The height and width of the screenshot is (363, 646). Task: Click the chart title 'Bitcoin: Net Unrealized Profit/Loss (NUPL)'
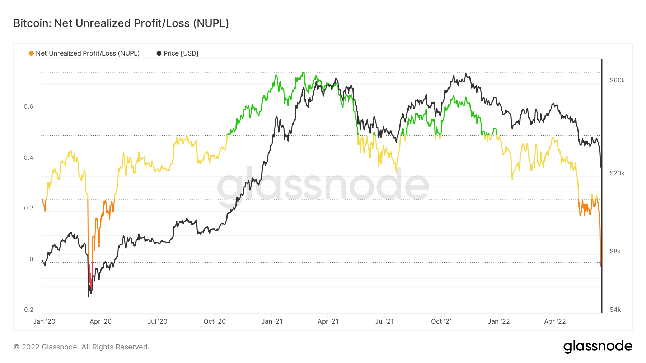(x=121, y=23)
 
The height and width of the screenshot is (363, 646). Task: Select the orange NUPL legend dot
(x=31, y=53)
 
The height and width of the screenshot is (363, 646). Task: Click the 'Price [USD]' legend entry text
(x=181, y=53)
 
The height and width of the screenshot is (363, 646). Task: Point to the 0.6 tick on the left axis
(x=28, y=106)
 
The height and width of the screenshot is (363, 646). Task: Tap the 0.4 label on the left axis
(x=28, y=158)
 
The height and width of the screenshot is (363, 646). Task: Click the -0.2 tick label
(x=27, y=310)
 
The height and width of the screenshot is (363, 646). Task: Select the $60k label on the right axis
(x=617, y=80)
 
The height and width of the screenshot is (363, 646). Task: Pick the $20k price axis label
(x=617, y=173)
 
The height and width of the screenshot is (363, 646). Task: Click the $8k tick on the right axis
(x=615, y=251)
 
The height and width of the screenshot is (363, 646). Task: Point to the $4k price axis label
(x=615, y=310)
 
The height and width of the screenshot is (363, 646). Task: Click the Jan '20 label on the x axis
(x=44, y=321)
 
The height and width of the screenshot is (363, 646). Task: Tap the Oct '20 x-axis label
(x=215, y=321)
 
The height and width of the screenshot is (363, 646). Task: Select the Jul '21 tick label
(x=384, y=321)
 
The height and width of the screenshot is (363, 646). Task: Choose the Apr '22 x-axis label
(x=555, y=321)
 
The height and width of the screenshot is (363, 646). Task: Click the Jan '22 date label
(x=498, y=321)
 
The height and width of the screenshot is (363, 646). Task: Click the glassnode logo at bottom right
(x=598, y=347)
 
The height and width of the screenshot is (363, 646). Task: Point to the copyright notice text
(x=81, y=347)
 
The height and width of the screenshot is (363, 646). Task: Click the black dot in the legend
(x=159, y=53)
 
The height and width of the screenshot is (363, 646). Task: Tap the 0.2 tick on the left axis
(x=28, y=209)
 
